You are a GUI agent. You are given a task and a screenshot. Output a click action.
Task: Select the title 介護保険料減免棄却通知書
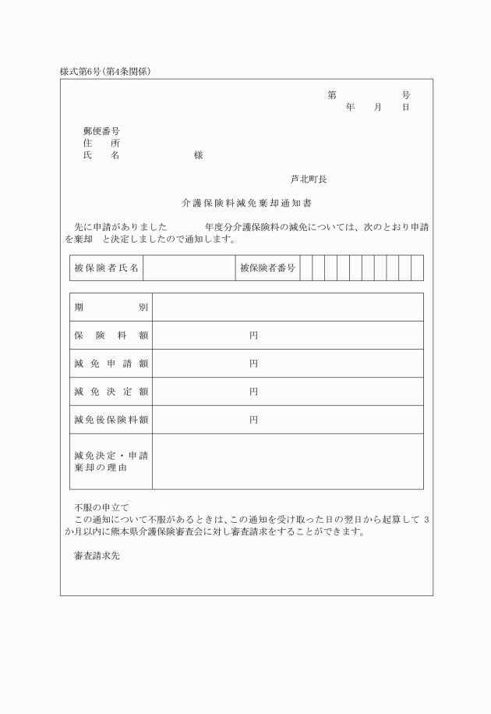point(246,203)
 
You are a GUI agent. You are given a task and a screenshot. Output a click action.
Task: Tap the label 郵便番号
point(101,131)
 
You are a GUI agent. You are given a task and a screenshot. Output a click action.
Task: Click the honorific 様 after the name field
point(199,155)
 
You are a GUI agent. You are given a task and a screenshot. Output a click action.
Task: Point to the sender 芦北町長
point(309,179)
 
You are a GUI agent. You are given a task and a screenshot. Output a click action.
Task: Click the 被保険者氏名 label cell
point(106,268)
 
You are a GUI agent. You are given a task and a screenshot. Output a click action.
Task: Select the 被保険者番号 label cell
point(267,268)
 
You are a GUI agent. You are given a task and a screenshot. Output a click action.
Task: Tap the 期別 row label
point(111,307)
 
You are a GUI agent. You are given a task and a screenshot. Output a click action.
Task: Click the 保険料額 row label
point(111,336)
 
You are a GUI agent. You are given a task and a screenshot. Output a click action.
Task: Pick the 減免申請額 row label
point(111,364)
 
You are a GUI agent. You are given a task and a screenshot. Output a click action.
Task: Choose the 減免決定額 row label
point(111,392)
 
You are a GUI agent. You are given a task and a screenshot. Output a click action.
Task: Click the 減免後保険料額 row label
point(111,420)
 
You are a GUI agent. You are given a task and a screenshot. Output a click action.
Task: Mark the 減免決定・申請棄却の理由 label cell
point(111,461)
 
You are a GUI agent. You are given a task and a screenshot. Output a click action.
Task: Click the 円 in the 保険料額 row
point(253,336)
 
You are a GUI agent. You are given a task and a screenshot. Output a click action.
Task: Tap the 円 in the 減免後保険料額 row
point(253,420)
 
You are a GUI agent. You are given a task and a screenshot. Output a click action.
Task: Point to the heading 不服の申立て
point(101,507)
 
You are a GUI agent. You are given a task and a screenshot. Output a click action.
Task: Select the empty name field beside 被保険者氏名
point(189,268)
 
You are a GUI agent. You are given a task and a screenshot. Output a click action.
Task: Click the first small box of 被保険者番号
point(306,268)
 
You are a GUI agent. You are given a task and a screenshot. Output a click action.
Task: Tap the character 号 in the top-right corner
point(406,94)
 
